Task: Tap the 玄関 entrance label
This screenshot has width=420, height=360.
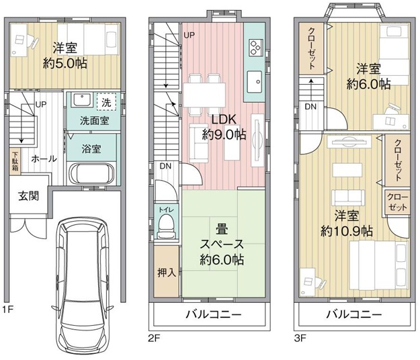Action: pyautogui.click(x=28, y=197)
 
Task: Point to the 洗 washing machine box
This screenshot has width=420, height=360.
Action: pyautogui.click(x=106, y=103)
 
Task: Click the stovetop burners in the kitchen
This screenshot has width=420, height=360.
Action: pyautogui.click(x=256, y=47)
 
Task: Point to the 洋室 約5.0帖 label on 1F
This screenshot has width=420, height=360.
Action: pyautogui.click(x=66, y=57)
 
